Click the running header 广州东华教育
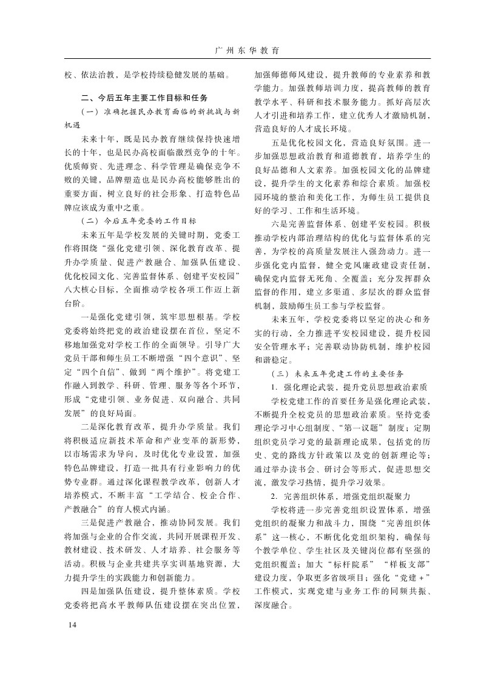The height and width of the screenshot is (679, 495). click(247, 50)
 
